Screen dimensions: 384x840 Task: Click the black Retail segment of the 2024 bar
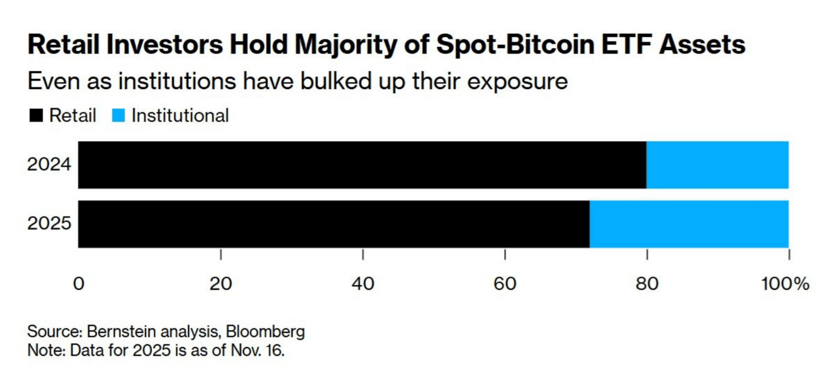coord(362,165)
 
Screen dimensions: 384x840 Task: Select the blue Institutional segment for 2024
coord(717,165)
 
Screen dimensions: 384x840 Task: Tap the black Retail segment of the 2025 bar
coord(334,224)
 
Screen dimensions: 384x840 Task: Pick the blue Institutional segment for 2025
coord(689,224)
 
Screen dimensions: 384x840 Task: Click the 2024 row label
coord(49,164)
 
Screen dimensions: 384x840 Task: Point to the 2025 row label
coord(49,223)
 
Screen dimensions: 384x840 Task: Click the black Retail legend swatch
coord(36,116)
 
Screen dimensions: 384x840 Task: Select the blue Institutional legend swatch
coord(119,116)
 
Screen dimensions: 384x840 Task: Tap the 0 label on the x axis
coord(79,284)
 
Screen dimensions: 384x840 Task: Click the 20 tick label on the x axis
coord(220,284)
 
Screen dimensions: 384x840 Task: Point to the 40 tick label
coord(363,284)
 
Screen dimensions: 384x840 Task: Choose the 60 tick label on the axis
coord(505,284)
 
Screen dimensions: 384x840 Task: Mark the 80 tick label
coord(647,284)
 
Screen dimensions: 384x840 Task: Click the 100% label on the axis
coord(785,284)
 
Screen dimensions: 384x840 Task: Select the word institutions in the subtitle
coord(177,81)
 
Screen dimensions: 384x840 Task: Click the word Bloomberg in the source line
coord(265,332)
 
